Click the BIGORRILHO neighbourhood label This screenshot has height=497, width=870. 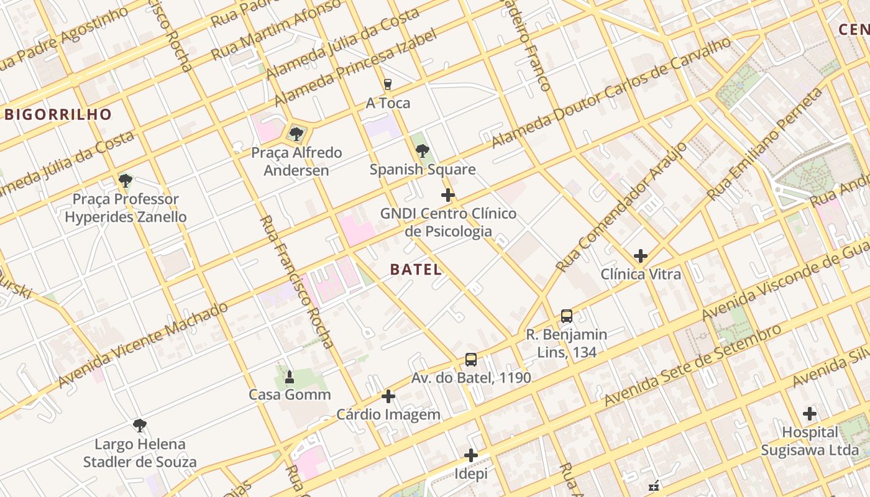coord(58,114)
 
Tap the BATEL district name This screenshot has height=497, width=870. coord(416,270)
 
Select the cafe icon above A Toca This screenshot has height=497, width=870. coord(388,84)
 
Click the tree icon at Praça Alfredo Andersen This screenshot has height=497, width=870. coord(296,134)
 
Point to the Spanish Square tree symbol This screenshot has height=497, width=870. coord(423,150)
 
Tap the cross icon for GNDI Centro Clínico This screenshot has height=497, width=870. coord(447,196)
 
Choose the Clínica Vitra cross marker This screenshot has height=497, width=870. coord(640,255)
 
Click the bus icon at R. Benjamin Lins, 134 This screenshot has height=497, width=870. coord(566,316)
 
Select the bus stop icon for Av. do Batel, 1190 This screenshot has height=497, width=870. coord(471,359)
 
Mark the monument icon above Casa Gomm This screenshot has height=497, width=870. coord(289,376)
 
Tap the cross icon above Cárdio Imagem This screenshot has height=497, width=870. coord(388,396)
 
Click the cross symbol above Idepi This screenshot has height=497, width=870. coord(471,455)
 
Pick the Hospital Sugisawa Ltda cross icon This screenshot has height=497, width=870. coord(809,414)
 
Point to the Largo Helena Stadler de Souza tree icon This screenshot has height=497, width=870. coord(140,426)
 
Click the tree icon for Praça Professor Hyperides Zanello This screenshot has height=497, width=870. coord(126,181)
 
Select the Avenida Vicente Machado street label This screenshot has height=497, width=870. coord(143,345)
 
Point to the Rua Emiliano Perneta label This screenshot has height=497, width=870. coord(766,144)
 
